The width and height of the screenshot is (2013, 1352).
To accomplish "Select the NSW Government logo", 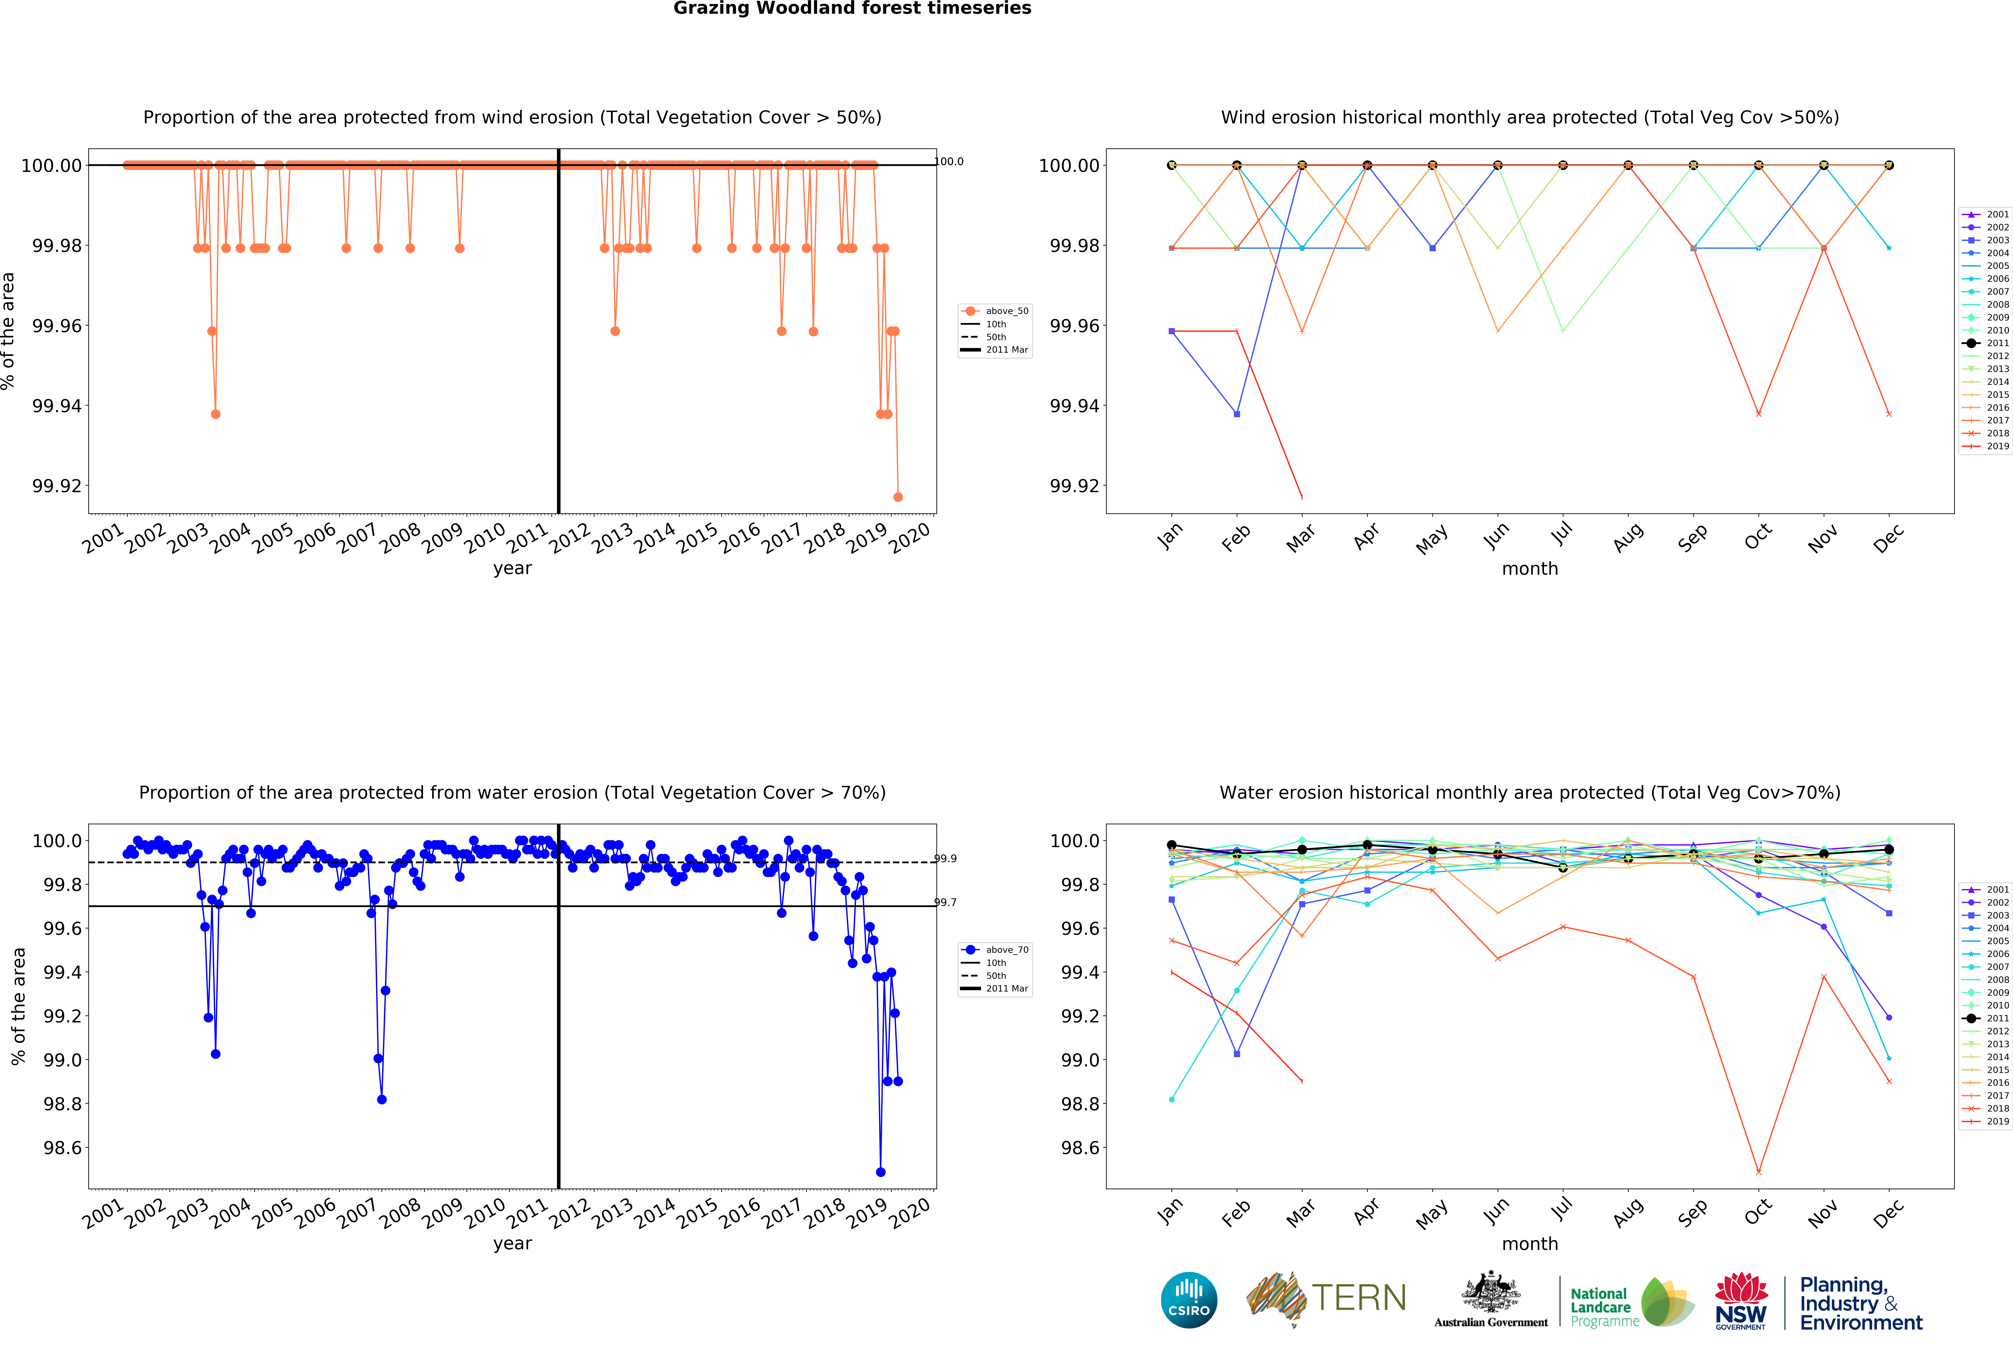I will pos(1740,1300).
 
